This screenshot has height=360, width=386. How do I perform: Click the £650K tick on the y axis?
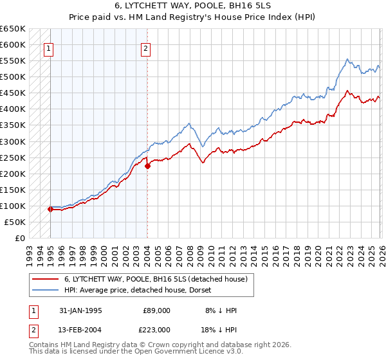tap(12, 29)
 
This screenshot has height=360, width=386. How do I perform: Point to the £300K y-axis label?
tap(12, 141)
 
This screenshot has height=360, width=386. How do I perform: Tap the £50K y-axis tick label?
tap(15, 222)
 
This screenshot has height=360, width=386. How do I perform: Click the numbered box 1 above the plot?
tap(49, 48)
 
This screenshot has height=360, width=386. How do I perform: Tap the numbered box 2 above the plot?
tap(146, 48)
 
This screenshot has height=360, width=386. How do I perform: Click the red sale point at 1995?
tap(51, 209)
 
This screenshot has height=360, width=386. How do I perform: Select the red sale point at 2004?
tap(147, 166)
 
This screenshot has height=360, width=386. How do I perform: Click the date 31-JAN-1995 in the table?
tap(80, 310)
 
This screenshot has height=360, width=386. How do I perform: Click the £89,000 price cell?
tap(157, 310)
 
